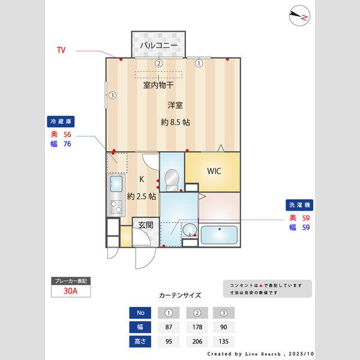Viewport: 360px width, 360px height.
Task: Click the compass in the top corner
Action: tap(299, 16)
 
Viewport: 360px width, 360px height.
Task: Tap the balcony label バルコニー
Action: tap(159, 45)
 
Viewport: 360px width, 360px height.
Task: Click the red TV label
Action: tap(61, 50)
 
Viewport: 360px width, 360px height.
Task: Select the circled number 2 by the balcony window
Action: tap(158, 63)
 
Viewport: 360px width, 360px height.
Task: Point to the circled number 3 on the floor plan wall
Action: tap(112, 95)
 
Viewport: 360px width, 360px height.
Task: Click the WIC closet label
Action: tap(214, 171)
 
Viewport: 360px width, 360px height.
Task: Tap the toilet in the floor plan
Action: tap(172, 180)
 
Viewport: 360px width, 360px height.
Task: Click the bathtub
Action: tap(219, 235)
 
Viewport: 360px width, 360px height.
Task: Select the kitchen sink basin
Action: tap(116, 184)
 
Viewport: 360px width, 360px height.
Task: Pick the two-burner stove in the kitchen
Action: tap(116, 206)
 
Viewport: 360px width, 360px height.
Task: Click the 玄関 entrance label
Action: tap(146, 225)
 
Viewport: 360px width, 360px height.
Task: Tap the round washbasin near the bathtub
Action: tap(190, 229)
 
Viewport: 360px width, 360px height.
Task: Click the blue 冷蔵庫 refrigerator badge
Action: tap(61, 121)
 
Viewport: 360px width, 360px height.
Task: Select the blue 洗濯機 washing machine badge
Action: tap(299, 205)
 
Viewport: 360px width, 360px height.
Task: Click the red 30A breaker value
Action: tap(70, 291)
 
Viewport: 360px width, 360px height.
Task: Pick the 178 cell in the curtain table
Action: tap(197, 327)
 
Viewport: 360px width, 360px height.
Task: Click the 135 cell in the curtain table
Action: tap(224, 341)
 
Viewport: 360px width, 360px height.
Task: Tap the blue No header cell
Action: tap(140, 313)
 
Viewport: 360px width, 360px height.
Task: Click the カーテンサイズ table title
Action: tap(180, 295)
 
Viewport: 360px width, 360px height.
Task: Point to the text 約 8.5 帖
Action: tap(175, 122)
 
